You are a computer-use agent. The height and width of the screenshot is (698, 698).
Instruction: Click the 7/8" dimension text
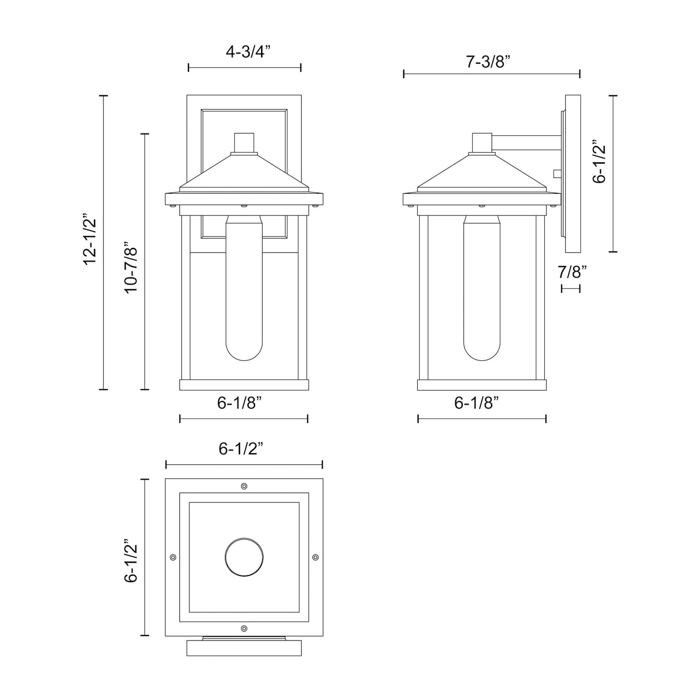pos(572,272)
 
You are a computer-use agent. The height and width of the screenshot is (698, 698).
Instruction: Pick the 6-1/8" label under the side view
pos(476,402)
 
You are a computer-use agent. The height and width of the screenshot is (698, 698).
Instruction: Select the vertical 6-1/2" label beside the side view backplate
pos(599,162)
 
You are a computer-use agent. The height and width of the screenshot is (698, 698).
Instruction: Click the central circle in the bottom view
pos(244,557)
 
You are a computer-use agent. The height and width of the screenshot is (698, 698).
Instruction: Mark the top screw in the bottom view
pos(244,486)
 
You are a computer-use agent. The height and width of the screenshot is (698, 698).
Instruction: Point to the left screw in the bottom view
pos(173,557)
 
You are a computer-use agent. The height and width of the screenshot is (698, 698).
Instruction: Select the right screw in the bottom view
pos(315,557)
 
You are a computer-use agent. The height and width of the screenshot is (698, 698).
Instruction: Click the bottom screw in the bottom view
pos(244,628)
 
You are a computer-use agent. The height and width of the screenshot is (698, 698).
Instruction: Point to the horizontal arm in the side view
pos(527,141)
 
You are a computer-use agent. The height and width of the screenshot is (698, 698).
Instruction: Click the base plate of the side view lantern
pos(482,385)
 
